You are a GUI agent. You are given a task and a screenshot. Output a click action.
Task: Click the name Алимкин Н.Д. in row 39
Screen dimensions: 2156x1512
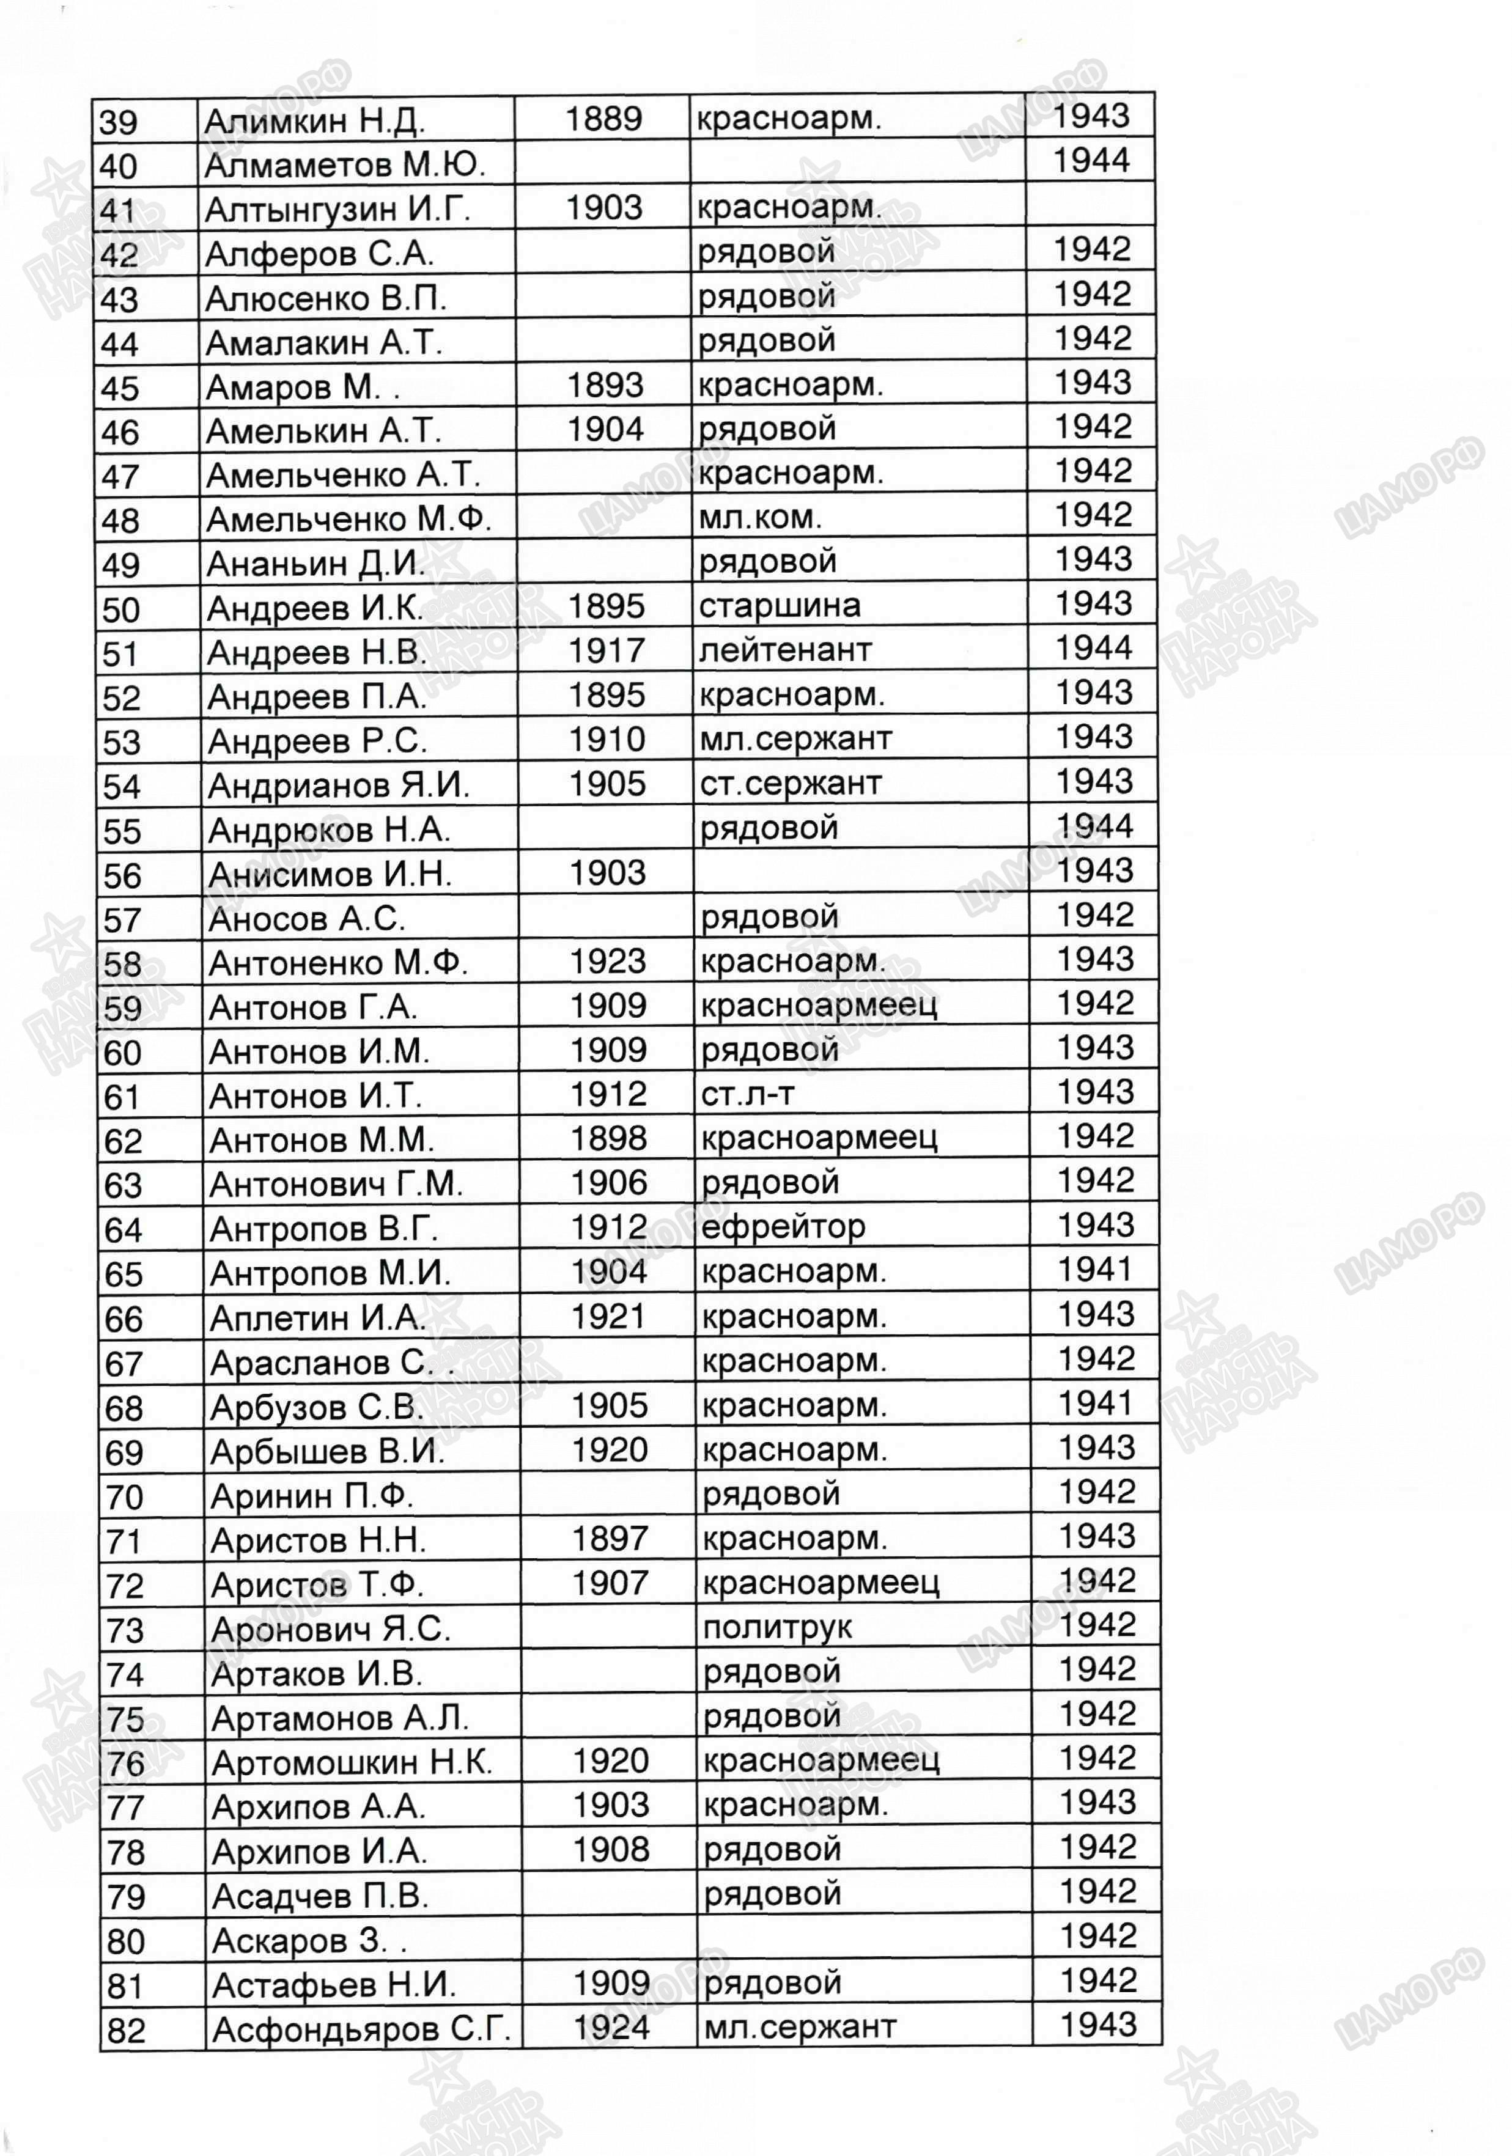(315, 121)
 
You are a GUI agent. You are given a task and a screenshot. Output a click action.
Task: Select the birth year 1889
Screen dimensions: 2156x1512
(604, 119)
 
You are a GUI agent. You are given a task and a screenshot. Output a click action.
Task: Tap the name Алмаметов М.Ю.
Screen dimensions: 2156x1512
(345, 165)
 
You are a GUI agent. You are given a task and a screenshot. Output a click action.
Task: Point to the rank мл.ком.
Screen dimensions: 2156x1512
(760, 517)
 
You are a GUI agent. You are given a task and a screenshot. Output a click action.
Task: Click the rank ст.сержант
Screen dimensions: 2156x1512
(791, 783)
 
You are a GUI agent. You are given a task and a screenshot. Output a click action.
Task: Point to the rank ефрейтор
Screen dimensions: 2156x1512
(783, 1226)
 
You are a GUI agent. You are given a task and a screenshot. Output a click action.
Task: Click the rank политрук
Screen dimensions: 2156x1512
(776, 1627)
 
